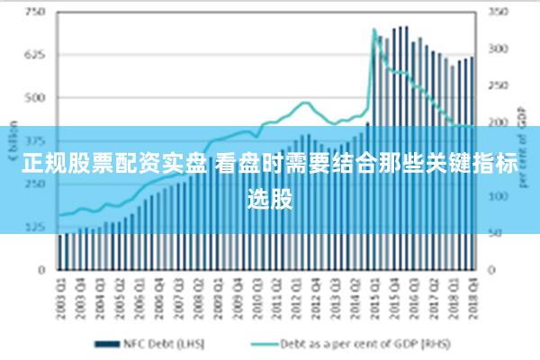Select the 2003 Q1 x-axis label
[61, 292]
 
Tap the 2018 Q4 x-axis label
[471, 292]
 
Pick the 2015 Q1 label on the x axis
[373, 292]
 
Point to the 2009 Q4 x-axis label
[237, 292]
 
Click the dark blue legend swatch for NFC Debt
[108, 343]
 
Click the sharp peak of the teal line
[373, 30]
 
